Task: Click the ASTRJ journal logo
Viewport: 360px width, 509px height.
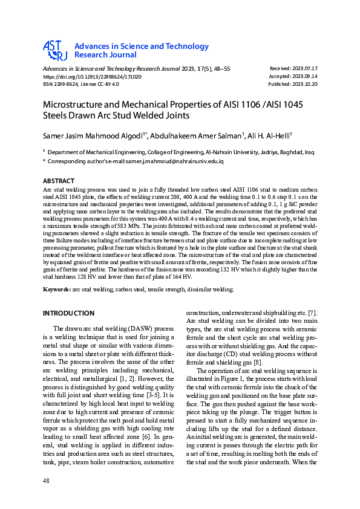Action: click(x=54, y=50)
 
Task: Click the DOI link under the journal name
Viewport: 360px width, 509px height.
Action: click(x=92, y=77)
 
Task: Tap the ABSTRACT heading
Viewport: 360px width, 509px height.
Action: click(x=59, y=181)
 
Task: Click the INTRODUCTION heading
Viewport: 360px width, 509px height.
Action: click(x=68, y=313)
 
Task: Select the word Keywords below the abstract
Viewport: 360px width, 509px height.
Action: click(x=56, y=290)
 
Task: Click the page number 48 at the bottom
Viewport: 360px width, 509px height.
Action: click(x=46, y=480)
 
